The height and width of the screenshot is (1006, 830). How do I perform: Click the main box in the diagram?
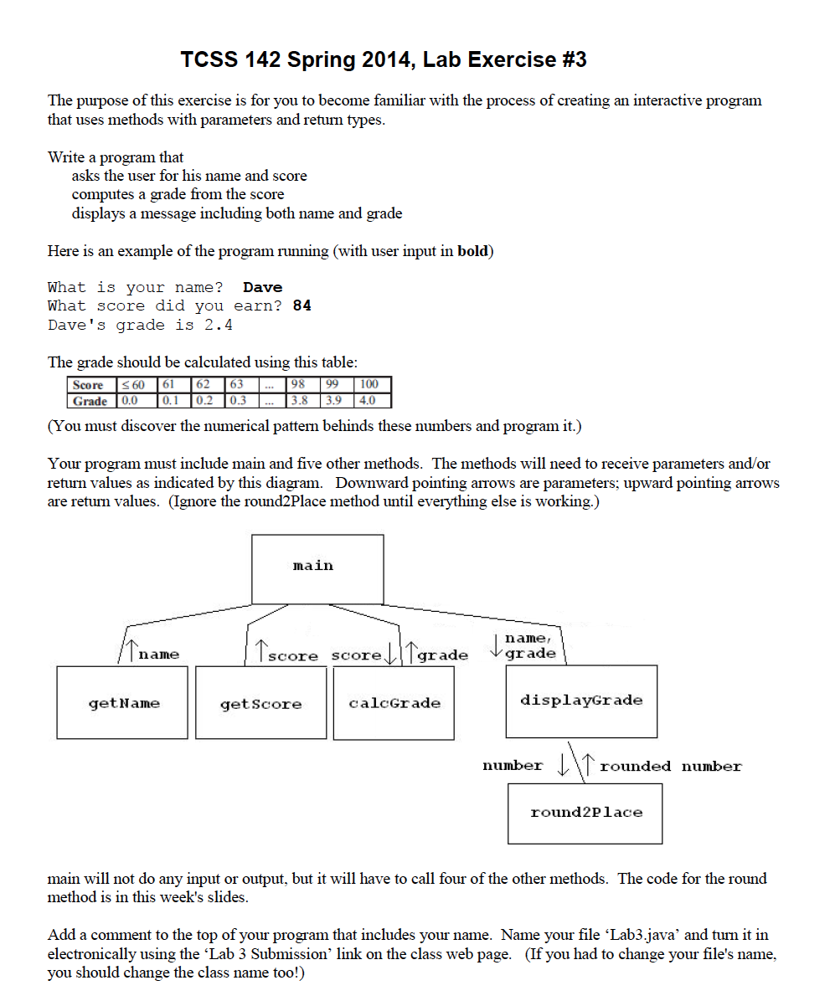pyautogui.click(x=317, y=569)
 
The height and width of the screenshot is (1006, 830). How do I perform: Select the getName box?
pyautogui.click(x=122, y=702)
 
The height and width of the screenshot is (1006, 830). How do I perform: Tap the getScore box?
pyautogui.click(x=260, y=703)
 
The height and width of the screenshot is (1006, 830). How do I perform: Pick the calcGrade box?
pyautogui.click(x=394, y=703)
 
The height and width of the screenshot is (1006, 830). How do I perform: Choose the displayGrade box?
pyautogui.click(x=581, y=701)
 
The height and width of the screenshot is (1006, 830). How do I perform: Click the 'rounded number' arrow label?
pyautogui.click(x=670, y=766)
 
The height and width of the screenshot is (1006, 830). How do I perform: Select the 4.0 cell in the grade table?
pyautogui.click(x=367, y=400)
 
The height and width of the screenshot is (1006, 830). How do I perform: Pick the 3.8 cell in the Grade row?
pyautogui.click(x=298, y=400)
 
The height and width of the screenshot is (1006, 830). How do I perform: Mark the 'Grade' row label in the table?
pyautogui.click(x=89, y=400)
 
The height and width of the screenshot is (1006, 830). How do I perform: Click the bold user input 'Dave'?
pyautogui.click(x=262, y=287)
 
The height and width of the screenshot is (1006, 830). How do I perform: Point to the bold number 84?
pyautogui.click(x=302, y=305)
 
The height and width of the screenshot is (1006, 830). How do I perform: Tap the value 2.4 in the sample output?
pyautogui.click(x=219, y=325)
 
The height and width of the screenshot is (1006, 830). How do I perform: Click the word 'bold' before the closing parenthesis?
pyautogui.click(x=472, y=251)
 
